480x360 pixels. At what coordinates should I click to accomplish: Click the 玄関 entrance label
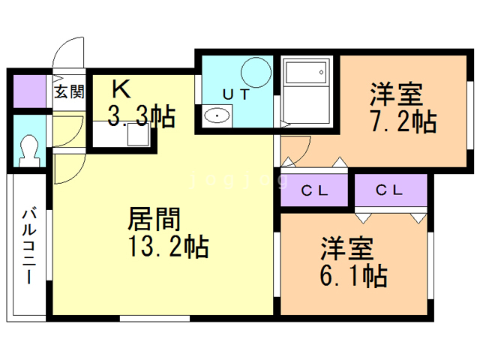click(x=69, y=91)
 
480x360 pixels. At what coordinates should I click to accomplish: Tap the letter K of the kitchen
click(x=121, y=88)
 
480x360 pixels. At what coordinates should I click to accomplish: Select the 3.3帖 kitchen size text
click(x=141, y=116)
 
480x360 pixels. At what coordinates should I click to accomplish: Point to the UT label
click(x=235, y=94)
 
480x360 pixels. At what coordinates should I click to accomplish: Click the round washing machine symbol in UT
click(x=256, y=72)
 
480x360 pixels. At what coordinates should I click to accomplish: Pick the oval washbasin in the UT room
click(x=217, y=115)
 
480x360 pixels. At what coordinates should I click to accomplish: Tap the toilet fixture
click(x=29, y=151)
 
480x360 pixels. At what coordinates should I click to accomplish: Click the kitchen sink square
click(x=138, y=135)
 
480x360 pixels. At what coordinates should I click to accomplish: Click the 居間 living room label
click(x=154, y=219)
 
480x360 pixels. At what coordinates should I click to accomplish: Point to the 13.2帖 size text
click(x=169, y=246)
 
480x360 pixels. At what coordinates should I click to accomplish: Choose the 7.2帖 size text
click(x=403, y=121)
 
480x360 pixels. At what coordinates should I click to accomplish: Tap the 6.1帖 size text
click(x=353, y=275)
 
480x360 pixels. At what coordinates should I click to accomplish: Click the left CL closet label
click(x=314, y=191)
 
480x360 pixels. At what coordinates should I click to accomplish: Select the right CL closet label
click(x=389, y=190)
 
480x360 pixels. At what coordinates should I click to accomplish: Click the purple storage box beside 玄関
click(x=30, y=91)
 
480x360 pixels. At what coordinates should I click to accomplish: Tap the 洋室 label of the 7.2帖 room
click(x=397, y=94)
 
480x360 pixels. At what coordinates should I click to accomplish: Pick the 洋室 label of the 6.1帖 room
click(x=347, y=248)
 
